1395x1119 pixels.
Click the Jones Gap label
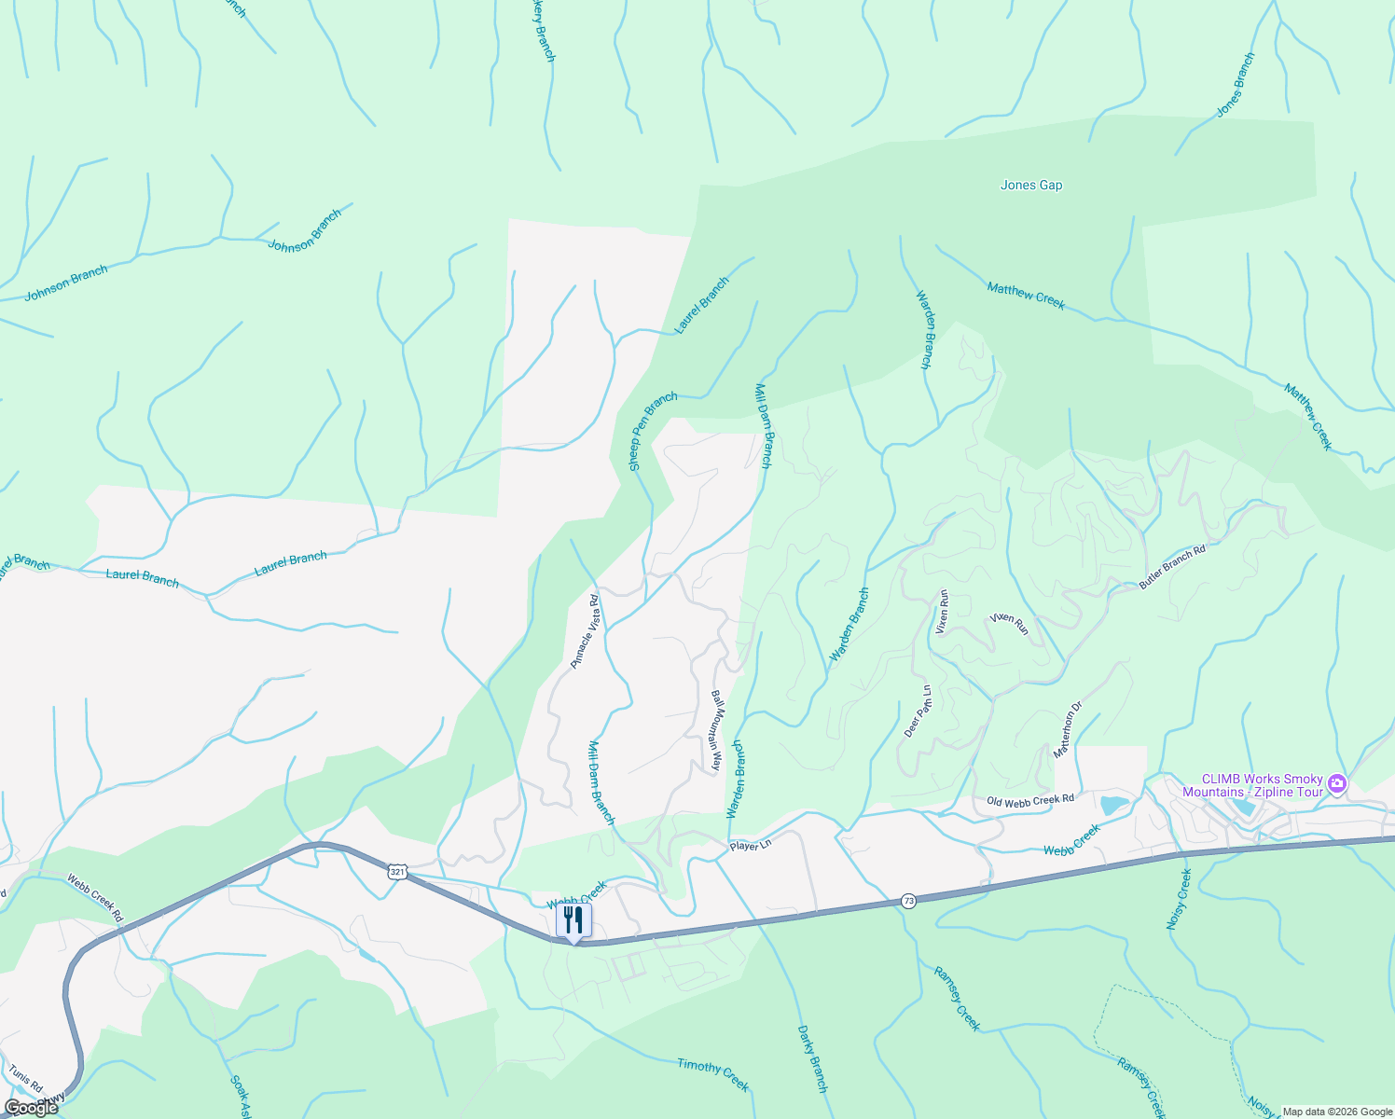tap(1031, 185)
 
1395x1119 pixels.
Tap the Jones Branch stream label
tap(1236, 85)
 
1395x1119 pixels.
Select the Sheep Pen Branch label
tap(653, 431)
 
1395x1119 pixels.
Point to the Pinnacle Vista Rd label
tap(585, 631)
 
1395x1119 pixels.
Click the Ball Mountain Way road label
tap(716, 730)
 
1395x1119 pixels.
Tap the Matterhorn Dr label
tap(1067, 730)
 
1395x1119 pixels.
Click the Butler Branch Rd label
tap(1172, 567)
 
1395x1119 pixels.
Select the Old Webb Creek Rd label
tap(1030, 800)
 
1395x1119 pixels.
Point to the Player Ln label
tap(751, 846)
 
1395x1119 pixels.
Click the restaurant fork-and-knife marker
tap(573, 920)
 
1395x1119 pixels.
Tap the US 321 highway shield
tap(398, 872)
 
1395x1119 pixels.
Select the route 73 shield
tap(908, 901)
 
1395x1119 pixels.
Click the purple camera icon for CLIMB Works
tap(1338, 783)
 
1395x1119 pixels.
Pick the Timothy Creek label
tap(712, 1074)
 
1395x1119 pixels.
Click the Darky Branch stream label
tap(812, 1058)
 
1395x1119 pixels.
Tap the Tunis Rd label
tap(25, 1078)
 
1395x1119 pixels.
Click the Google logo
tap(30, 1108)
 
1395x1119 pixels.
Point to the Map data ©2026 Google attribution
tap(1336, 1112)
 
